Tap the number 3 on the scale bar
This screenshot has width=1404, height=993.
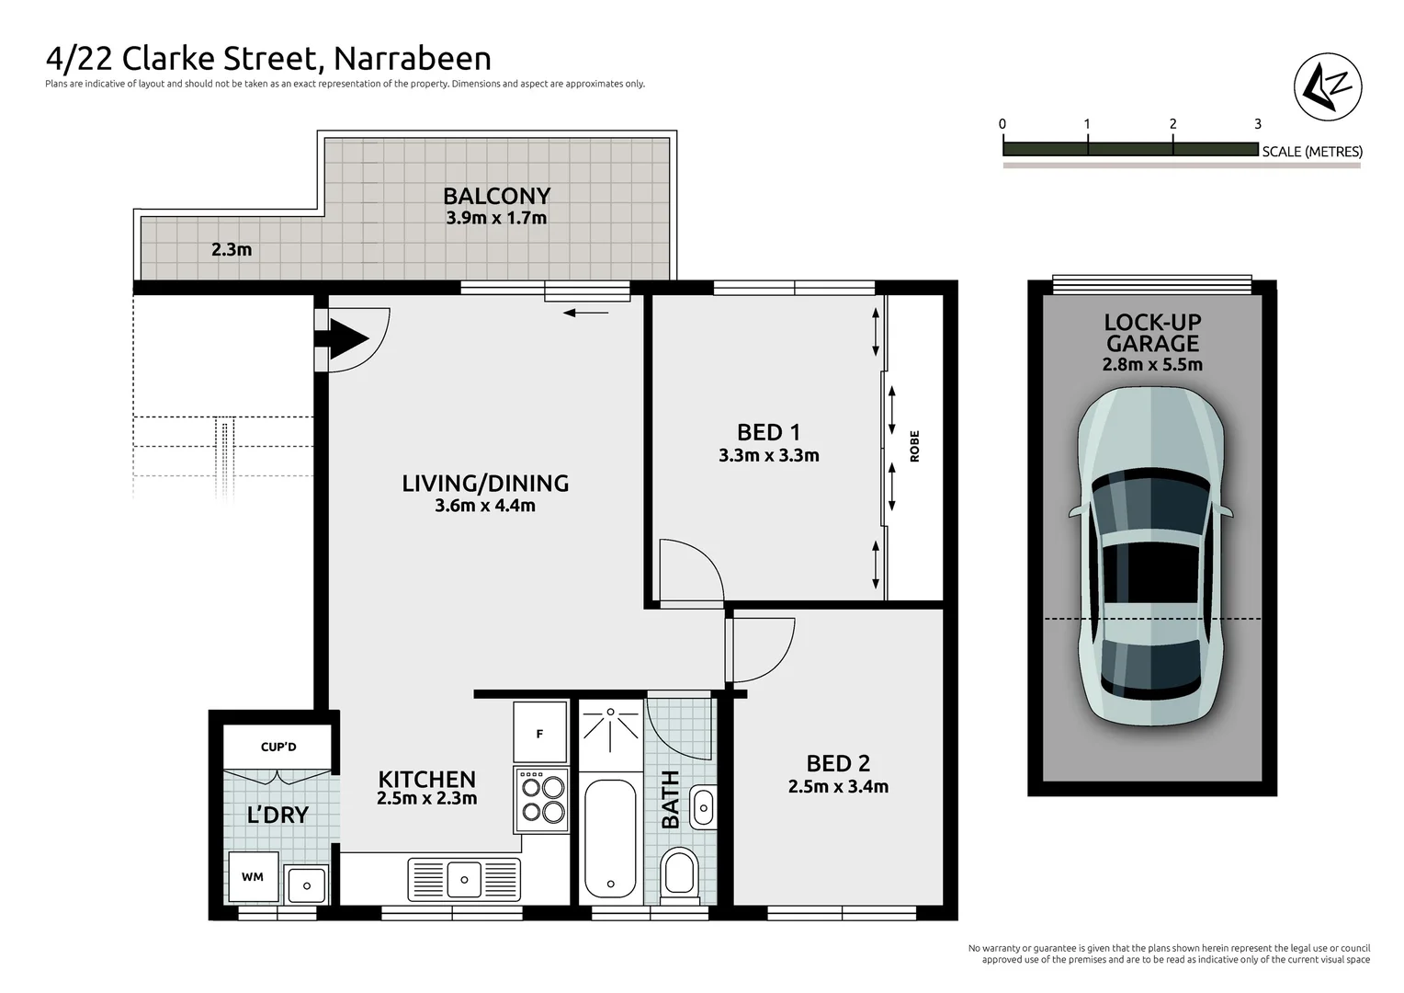pos(1257,124)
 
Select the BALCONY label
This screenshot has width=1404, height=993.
pos(496,196)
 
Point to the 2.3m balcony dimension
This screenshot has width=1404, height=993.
pos(232,249)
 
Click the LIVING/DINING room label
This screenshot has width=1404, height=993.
pos(485,483)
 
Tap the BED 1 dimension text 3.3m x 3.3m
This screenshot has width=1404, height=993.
pos(768,455)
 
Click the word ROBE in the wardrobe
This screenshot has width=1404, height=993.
pos(914,446)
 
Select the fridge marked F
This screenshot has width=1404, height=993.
pos(540,733)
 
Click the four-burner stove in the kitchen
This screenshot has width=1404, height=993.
pos(543,799)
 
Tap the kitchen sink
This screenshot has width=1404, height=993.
pos(464,879)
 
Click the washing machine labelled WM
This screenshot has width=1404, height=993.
pos(253,877)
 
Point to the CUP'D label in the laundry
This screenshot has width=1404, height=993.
pos(278,747)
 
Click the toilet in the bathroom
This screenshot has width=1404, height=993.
pos(679,871)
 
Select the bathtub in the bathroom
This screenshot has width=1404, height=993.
pos(610,837)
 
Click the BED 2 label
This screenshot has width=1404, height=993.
pos(838,763)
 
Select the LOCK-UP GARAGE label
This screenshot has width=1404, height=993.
pos(1152,333)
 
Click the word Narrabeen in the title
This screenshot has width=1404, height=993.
pos(412,58)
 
